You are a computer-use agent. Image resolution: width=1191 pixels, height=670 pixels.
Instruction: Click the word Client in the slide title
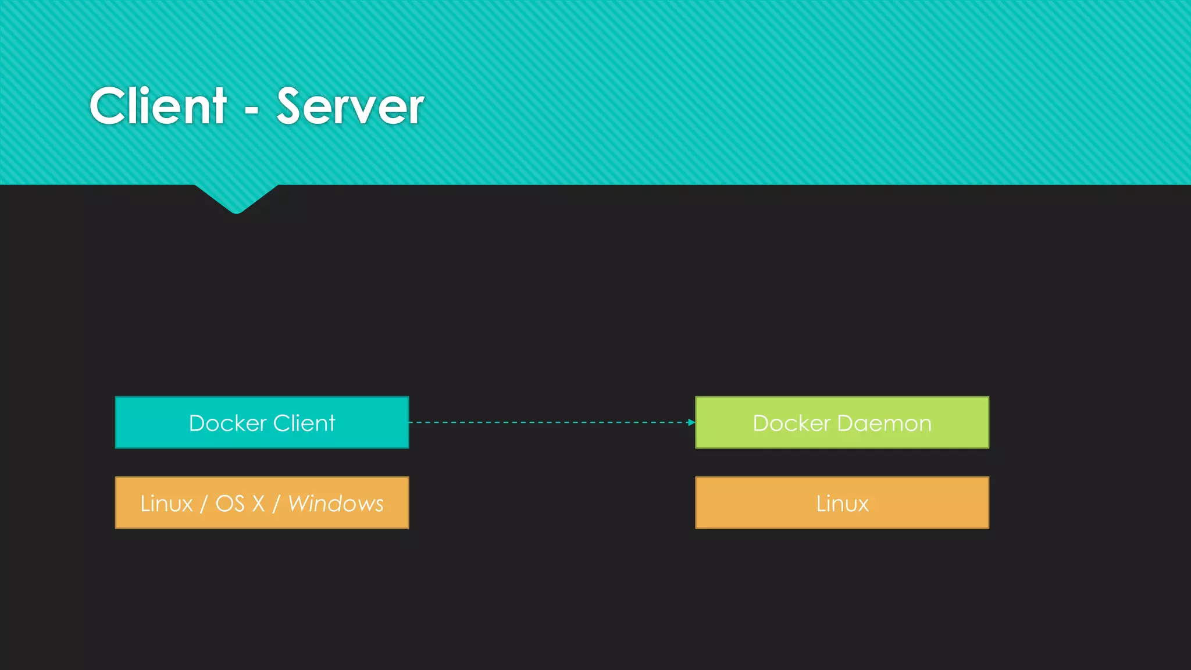click(x=158, y=106)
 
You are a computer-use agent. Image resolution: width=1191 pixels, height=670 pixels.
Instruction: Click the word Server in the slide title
click(x=350, y=106)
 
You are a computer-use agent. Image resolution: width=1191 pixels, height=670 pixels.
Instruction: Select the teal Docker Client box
click(x=262, y=423)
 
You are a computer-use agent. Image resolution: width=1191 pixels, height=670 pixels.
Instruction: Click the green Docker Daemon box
click(x=841, y=423)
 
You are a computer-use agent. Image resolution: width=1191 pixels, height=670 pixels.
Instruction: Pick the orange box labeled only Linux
click(x=841, y=503)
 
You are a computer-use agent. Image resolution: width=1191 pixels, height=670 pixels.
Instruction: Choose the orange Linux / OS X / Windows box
click(x=262, y=503)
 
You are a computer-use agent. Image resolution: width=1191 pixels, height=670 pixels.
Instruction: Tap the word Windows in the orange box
click(x=336, y=504)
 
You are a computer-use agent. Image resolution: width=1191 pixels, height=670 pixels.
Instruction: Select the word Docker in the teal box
click(x=227, y=423)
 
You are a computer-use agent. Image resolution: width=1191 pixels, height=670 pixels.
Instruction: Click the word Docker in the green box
click(x=791, y=423)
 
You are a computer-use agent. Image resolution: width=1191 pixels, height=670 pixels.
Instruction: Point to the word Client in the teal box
click(x=304, y=423)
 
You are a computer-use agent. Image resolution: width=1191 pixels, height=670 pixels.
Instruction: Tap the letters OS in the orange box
click(x=230, y=504)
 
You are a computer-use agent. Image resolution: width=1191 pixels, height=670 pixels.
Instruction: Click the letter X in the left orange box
click(x=258, y=504)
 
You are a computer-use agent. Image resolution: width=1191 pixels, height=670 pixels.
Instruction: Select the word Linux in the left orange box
click(x=166, y=504)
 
